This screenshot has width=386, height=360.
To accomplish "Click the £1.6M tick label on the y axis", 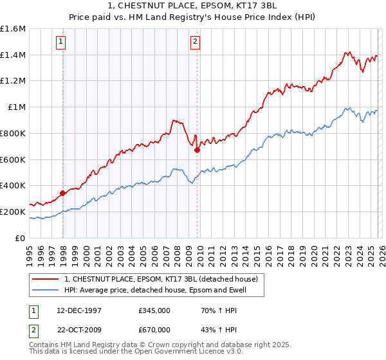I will coord(13,29).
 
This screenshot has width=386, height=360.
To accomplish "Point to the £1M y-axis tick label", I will coord(16,107).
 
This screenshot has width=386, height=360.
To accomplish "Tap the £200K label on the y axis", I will coord(13,212).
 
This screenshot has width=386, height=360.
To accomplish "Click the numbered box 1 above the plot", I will coord(60,42).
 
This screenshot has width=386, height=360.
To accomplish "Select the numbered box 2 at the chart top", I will coord(194,42).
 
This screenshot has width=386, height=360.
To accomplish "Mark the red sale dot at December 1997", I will coord(62,193).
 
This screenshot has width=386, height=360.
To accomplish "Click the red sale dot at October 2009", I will coord(197,150).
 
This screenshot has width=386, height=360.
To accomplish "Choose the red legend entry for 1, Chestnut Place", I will coord(161,279).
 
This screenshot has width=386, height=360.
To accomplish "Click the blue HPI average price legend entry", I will coord(155,291).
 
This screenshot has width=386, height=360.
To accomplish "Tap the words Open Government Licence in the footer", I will coord(177,353).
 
